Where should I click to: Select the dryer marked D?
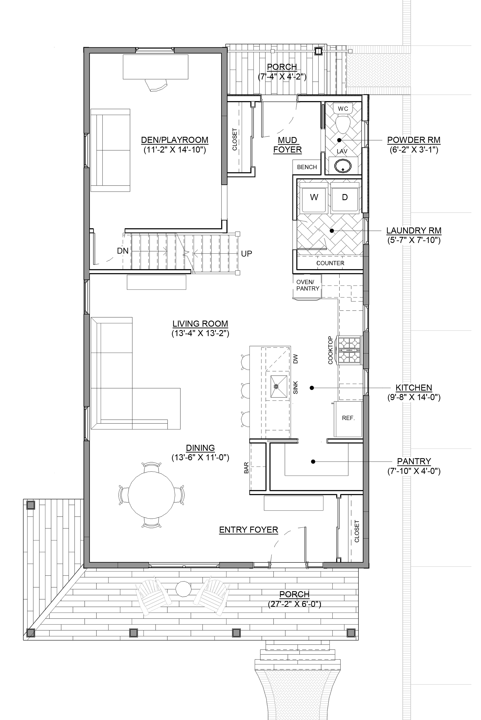point(345,198)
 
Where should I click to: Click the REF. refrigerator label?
point(348,418)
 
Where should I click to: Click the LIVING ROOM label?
point(200,324)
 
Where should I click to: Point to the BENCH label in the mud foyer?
point(307,167)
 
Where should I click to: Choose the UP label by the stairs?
point(246,254)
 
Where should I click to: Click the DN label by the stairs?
point(123,251)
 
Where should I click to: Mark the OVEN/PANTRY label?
point(307,285)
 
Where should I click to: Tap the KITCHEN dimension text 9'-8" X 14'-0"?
point(414,397)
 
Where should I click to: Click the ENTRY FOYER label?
point(249,530)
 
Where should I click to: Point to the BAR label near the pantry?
point(246,468)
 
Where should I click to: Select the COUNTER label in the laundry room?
point(330,263)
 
